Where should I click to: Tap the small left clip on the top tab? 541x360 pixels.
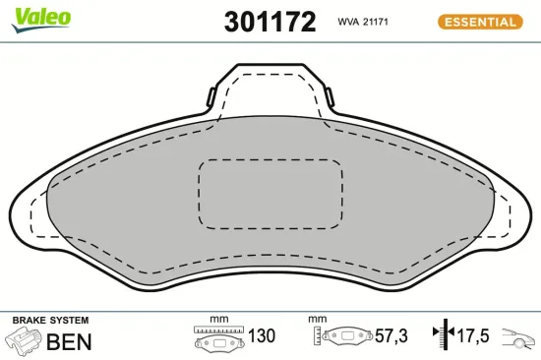211,97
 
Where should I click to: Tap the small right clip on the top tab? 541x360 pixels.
331,97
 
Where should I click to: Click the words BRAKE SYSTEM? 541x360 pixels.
50,321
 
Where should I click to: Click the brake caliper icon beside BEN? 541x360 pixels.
24,341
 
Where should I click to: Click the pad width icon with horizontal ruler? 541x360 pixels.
218,336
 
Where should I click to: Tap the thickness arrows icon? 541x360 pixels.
443,335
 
